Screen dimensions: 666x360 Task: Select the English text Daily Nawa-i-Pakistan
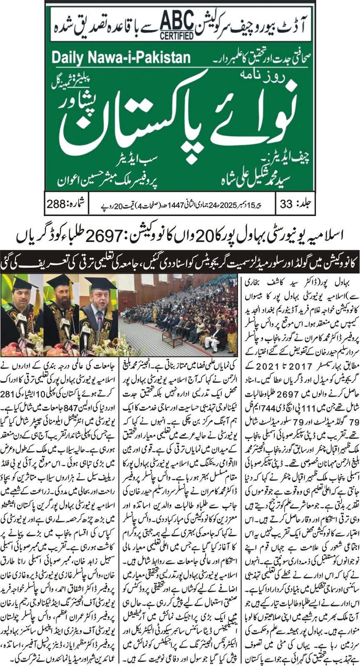point(114,57)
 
